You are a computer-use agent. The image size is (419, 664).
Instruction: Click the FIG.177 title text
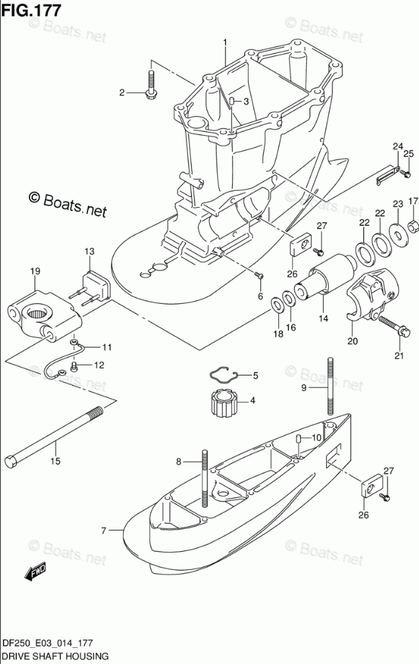(32, 11)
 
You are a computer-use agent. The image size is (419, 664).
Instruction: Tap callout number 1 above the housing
(225, 44)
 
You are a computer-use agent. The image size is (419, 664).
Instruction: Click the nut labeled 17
(414, 222)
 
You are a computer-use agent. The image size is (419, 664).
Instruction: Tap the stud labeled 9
(330, 386)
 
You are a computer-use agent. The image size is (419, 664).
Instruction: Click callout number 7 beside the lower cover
(104, 531)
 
